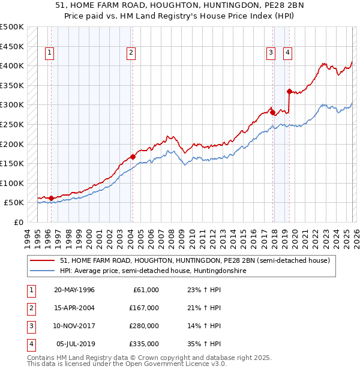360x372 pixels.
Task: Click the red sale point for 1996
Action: click(51, 198)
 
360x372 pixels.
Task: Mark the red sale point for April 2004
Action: click(133, 157)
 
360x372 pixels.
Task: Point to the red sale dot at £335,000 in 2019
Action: click(289, 92)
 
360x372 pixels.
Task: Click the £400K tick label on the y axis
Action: click(12, 66)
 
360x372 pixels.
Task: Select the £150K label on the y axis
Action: click(12, 163)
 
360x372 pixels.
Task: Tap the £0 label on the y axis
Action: click(17, 222)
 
